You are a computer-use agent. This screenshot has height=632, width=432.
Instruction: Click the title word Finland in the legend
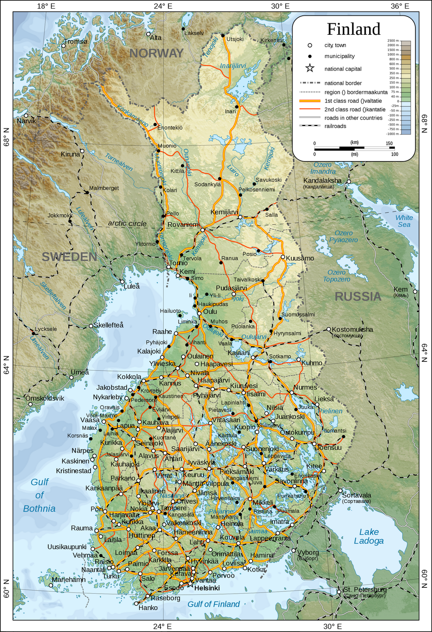click(x=353, y=29)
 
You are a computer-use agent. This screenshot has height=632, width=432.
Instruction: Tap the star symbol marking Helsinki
click(x=190, y=583)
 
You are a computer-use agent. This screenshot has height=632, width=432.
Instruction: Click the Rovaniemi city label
click(x=183, y=224)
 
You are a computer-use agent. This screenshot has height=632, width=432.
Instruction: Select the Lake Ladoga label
click(x=369, y=536)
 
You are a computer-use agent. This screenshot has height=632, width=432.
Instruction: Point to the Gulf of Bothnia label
click(x=39, y=495)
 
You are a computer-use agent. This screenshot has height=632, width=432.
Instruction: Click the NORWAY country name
click(x=157, y=53)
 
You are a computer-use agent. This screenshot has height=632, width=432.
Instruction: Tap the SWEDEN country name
click(x=70, y=257)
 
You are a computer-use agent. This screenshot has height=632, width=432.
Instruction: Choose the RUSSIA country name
click(x=358, y=296)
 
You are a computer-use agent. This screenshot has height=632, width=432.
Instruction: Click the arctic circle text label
click(x=127, y=224)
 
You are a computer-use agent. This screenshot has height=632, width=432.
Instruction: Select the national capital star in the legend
click(x=310, y=69)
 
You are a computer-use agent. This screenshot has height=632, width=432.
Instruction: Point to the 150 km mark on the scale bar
click(x=389, y=143)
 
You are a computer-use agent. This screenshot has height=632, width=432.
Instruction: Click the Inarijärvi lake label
click(x=233, y=66)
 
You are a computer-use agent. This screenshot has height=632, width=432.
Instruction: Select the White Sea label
click(x=404, y=221)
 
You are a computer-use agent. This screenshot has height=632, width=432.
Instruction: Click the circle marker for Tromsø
click(x=63, y=46)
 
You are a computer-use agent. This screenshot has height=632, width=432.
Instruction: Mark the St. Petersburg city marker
click(x=339, y=592)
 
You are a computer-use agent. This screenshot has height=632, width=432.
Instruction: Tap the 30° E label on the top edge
click(x=280, y=6)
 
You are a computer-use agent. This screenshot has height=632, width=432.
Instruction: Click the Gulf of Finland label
click(x=213, y=604)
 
